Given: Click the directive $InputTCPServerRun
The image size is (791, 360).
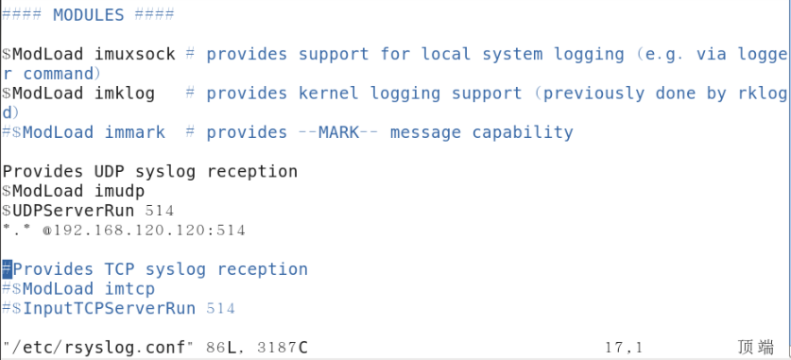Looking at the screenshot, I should coord(104,308).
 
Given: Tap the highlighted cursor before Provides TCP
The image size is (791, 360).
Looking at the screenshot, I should coord(7,269).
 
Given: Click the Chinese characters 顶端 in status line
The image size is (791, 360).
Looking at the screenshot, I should coord(755,348).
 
